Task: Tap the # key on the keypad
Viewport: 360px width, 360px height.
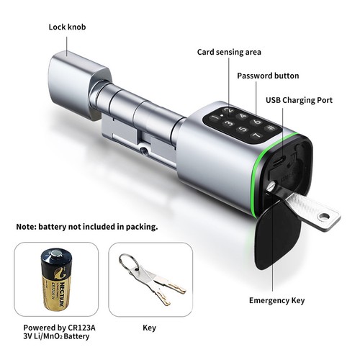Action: [271, 127]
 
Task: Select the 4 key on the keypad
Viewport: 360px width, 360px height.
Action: [242, 117]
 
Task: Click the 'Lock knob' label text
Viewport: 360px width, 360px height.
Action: [67, 27]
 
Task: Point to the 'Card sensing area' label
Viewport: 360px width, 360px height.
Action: [229, 52]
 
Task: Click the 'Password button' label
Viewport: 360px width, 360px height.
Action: [268, 76]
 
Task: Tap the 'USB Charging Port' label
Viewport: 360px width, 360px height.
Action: [299, 100]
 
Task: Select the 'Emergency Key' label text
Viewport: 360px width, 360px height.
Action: [276, 300]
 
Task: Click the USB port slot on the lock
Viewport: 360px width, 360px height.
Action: [279, 161]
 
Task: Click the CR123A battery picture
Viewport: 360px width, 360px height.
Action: [57, 279]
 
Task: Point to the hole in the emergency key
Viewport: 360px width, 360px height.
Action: [324, 217]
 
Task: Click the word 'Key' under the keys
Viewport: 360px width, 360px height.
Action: [149, 328]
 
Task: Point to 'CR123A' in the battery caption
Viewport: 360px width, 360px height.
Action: [81, 328]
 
